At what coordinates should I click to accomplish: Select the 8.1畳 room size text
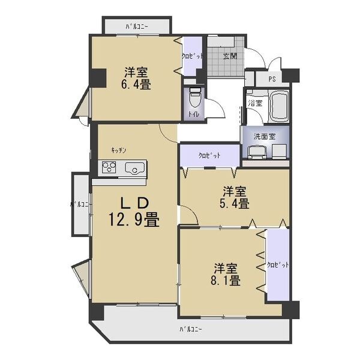pos(227,280)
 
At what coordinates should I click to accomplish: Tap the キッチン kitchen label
pos(119,150)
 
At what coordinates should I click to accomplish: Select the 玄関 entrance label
pos(230,56)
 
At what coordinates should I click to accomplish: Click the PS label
pos(272,79)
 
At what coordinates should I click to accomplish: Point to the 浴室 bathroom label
pos(255,103)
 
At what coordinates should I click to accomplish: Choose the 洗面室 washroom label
pos(265,136)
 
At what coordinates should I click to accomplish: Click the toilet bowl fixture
pos(194,97)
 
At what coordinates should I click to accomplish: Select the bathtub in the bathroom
pos(278,106)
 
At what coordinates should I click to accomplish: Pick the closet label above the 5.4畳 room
pos(209,155)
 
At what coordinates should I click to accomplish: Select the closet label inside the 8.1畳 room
pos(278,265)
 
